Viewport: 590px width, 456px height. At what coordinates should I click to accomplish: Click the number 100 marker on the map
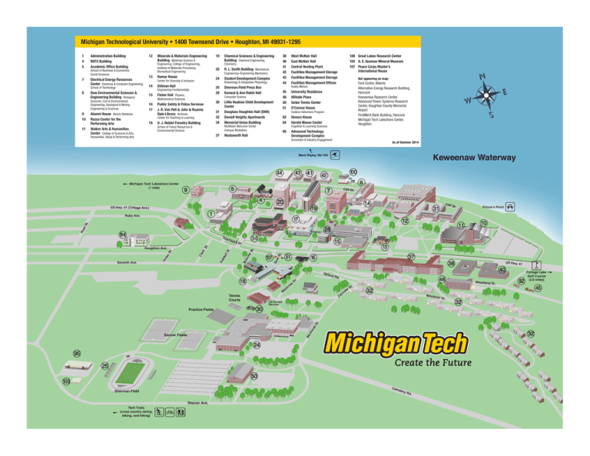tap(353, 171)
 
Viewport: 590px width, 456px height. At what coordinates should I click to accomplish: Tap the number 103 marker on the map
tap(67, 381)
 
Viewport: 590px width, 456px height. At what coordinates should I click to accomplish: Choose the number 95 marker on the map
tap(78, 353)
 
